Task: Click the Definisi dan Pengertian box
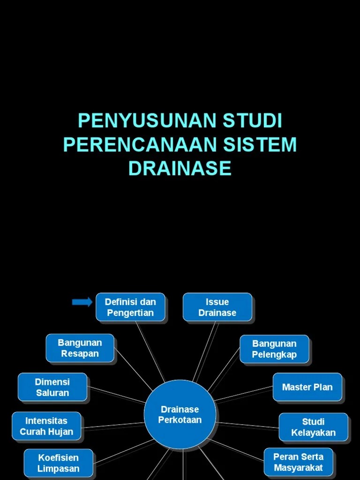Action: tap(130, 307)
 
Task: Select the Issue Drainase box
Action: tap(217, 307)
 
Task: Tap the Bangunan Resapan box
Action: tap(80, 348)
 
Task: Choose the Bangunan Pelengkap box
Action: tap(274, 349)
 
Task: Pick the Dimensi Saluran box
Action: tap(52, 387)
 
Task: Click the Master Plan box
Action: tap(307, 387)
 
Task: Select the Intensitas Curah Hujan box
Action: tap(46, 427)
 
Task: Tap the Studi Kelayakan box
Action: tap(313, 427)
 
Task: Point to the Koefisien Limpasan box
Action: tap(59, 463)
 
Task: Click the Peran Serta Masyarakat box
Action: tap(298, 462)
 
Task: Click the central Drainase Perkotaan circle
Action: tap(180, 415)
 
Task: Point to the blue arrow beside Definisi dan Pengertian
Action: tap(82, 302)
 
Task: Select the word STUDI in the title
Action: tap(253, 121)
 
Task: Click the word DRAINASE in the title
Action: tap(180, 168)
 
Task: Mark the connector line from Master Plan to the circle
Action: tap(244, 394)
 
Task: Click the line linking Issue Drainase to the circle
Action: tap(206, 352)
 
